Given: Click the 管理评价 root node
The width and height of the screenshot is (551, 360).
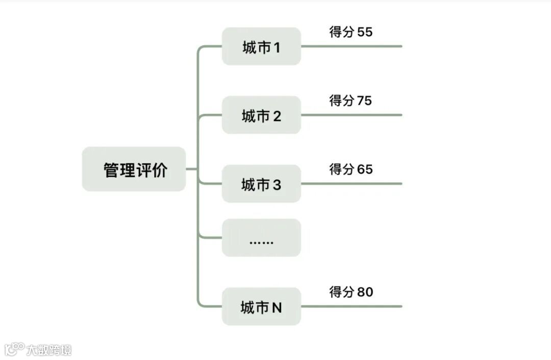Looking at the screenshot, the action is tap(134, 169).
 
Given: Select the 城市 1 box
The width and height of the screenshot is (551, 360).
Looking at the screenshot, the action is tap(261, 46).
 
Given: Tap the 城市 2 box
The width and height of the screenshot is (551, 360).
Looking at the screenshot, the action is tap(261, 115).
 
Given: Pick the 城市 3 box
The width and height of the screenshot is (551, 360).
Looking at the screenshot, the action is tap(261, 184).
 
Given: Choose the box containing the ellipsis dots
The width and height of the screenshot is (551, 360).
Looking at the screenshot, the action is tap(261, 238).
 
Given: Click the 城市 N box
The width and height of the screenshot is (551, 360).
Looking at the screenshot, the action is tap(261, 307).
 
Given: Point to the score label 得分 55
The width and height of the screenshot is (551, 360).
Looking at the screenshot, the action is tap(351, 32).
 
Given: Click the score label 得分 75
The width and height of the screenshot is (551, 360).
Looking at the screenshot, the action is tap(351, 101).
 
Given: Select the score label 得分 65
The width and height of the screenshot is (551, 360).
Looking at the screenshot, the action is tap(351, 169).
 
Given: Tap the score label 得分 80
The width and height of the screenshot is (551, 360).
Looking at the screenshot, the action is tap(351, 292).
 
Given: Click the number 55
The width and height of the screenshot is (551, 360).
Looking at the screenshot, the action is tap(365, 32).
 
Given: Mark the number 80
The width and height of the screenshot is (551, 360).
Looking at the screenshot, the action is tap(365, 292).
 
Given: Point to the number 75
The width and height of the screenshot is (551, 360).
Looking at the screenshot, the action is tap(365, 101).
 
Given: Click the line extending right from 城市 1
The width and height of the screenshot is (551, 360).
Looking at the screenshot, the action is tap(352, 46).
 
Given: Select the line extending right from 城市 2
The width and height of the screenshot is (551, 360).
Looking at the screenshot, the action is tap(352, 115).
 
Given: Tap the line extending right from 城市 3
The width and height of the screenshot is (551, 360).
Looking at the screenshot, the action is tap(352, 184).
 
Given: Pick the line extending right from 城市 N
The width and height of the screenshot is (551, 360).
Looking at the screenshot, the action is tap(352, 307).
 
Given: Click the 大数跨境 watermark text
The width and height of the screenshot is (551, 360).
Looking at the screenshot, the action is tap(49, 350).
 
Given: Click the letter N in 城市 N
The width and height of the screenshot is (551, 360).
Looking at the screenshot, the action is tap(277, 307).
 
